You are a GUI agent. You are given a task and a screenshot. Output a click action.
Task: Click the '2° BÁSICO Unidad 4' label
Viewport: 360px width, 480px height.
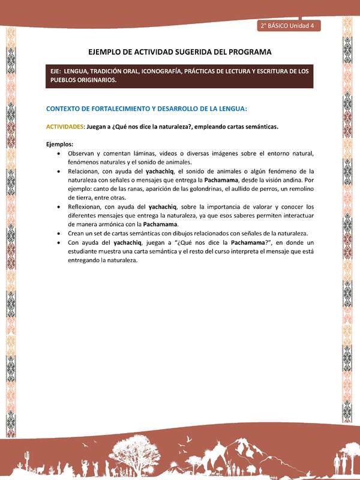tap(289, 26)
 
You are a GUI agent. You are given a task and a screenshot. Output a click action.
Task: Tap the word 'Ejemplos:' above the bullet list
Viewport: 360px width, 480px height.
tap(59, 144)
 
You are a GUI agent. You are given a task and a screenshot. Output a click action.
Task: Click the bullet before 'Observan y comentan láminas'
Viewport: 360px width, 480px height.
tap(58, 154)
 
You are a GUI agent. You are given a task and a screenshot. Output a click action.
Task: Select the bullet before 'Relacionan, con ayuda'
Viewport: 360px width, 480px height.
tap(58, 171)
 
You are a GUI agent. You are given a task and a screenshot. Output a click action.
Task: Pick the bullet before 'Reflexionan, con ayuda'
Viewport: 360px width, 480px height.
tap(58, 206)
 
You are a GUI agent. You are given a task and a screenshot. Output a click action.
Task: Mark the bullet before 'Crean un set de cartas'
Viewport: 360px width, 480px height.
tap(58, 233)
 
